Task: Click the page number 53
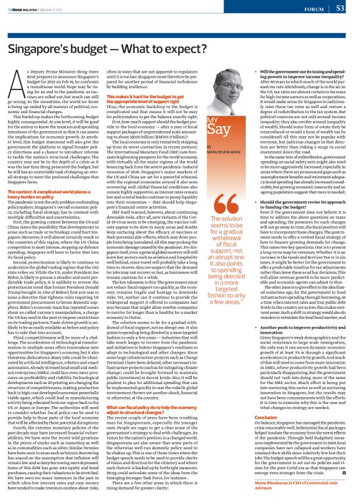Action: [340, 9]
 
